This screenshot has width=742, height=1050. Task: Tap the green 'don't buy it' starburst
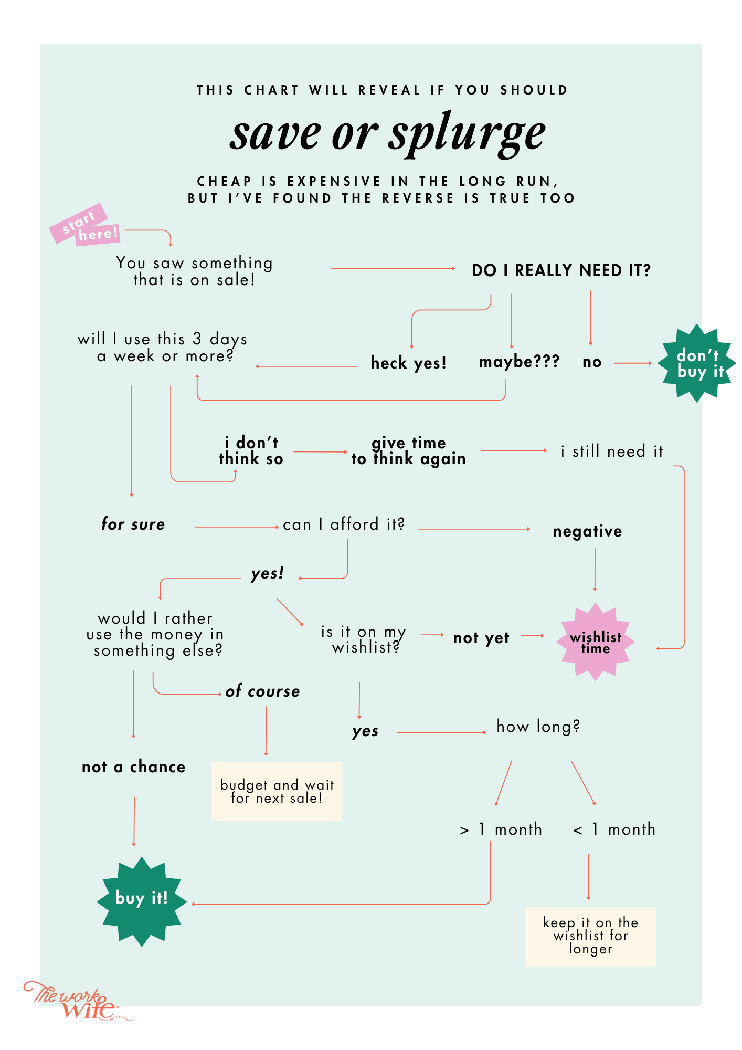[x=698, y=363]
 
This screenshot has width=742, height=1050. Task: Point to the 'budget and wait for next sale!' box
[x=277, y=791]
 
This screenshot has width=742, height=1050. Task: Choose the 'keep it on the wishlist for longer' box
[x=590, y=937]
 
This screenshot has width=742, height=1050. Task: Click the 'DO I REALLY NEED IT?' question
[x=561, y=270]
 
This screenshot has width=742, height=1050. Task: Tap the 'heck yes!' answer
[x=408, y=363]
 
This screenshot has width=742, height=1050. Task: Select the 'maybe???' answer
[x=519, y=362]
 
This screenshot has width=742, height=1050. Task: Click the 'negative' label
[x=587, y=531]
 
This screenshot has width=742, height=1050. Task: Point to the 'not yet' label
[x=481, y=638]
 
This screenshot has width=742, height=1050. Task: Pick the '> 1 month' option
[x=501, y=829]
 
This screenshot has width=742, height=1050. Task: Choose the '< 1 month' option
[x=614, y=829]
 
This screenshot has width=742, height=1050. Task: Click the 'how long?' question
[x=538, y=727]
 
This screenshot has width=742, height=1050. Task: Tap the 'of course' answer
[x=262, y=691]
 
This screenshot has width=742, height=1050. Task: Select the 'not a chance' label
[x=134, y=767]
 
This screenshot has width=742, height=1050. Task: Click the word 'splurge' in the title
[x=467, y=133]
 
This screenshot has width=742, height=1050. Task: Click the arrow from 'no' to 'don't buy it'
[x=633, y=363]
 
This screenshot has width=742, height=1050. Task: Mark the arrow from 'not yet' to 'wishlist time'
[x=532, y=636]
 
